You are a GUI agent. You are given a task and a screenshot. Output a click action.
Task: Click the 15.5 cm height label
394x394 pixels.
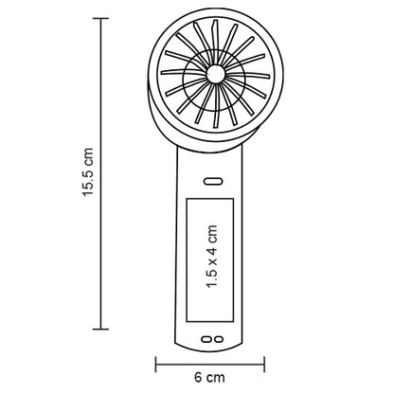[88, 172]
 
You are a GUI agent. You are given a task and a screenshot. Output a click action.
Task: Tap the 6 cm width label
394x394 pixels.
[209, 377]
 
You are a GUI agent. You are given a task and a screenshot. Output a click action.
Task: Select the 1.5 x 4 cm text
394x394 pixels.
[212, 257]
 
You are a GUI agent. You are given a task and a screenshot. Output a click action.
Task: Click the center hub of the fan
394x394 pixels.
[216, 74]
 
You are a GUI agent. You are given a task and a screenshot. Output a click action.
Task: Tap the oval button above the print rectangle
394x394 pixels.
[213, 181]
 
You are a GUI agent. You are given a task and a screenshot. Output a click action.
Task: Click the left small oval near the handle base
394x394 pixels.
[206, 339]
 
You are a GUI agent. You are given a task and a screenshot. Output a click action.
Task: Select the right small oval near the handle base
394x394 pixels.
[218, 339]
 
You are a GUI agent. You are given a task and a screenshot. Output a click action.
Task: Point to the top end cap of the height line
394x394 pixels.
[101, 19]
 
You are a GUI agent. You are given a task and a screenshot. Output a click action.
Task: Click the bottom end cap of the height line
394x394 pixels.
[101, 330]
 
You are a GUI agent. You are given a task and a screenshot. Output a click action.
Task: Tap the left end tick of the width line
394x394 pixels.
[156, 365]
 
